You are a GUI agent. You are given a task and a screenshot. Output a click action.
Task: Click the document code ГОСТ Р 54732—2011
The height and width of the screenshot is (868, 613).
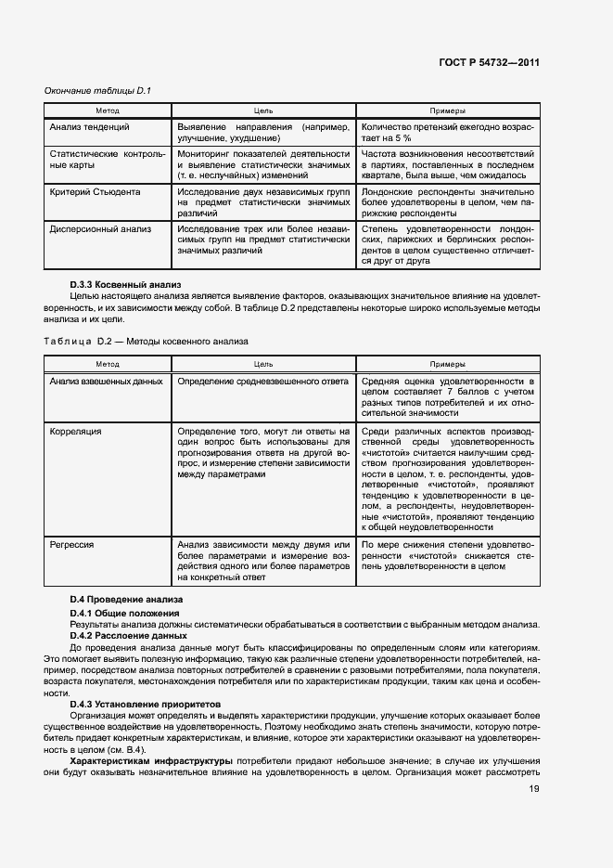489,62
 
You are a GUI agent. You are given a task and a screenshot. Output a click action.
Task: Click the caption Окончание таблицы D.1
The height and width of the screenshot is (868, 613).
98,90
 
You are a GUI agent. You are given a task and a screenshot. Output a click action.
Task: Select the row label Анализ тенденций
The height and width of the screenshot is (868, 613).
89,126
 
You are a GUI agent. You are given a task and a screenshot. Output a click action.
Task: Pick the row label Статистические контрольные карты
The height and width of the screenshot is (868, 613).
108,160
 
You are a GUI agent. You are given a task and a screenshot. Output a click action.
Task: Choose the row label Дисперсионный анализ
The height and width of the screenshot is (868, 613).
98,227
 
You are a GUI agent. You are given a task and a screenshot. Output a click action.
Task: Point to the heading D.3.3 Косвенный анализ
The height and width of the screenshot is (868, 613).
127,284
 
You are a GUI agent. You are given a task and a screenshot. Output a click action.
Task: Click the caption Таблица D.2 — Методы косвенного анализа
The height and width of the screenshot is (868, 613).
147,341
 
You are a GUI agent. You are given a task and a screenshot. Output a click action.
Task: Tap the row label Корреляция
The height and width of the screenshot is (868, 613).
76,432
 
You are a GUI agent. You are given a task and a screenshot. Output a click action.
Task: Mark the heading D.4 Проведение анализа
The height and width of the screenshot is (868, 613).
126,601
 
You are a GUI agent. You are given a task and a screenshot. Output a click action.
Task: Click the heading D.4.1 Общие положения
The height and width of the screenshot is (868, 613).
125,615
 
